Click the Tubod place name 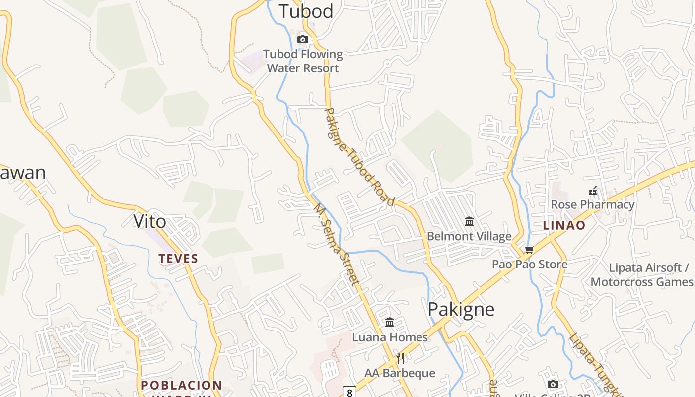click(306, 11)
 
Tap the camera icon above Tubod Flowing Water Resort click(302, 39)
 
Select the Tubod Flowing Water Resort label click(303, 61)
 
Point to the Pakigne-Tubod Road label click(359, 156)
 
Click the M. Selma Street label click(337, 246)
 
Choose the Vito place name click(149, 221)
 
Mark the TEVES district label click(178, 259)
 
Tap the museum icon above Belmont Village click(469, 221)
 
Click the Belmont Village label click(469, 236)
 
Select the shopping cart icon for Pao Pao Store click(529, 250)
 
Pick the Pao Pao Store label click(530, 264)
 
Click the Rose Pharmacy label click(592, 204)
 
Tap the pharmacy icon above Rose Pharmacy click(592, 190)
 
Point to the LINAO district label click(564, 225)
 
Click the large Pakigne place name click(461, 309)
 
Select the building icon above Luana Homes click(390, 323)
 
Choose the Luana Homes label click(390, 337)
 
